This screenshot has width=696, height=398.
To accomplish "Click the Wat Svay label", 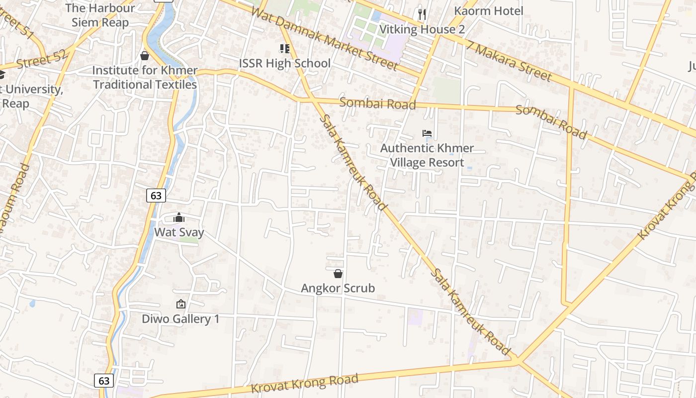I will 179,232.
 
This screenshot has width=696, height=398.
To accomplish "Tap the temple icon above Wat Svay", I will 179,218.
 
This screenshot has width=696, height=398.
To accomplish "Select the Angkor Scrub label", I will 338,288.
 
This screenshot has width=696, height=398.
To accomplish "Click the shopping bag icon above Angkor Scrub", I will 338,274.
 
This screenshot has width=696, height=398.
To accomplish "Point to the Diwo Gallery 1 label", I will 180,319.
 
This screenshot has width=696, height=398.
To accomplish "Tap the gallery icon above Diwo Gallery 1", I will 180,304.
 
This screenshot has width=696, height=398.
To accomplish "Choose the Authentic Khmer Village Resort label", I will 427,155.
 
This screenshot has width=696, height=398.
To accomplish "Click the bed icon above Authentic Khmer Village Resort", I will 427,133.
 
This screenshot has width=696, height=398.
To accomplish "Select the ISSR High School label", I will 285,63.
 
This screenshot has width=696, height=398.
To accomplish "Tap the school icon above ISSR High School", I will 284,48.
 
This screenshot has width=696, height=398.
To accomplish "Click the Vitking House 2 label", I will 422,29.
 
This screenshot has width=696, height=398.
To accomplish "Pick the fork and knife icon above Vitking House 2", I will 422,14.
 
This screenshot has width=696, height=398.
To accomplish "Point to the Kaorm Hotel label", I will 489,11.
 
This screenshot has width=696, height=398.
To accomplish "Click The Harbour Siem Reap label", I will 100,15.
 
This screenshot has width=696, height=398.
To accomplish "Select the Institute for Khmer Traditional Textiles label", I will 145,78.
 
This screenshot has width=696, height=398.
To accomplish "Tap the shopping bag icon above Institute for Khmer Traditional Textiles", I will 145,56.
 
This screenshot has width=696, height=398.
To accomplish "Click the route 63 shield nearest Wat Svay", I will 156,196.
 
